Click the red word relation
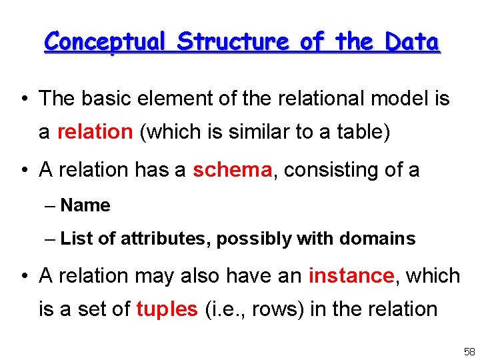[95, 132]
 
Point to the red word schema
[232, 170]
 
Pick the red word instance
[351, 275]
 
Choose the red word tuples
[167, 309]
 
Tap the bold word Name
[85, 205]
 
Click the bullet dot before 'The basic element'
[23, 99]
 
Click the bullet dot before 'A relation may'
[23, 276]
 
